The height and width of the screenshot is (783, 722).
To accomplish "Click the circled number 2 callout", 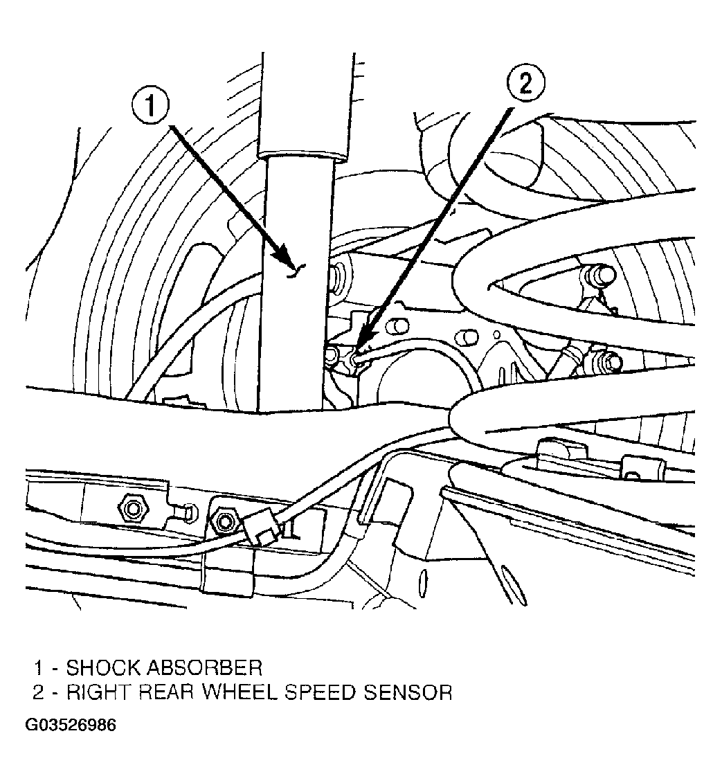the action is click(526, 83).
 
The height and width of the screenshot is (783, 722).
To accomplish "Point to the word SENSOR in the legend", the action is click(408, 692).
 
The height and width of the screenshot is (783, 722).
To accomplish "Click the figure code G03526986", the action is click(71, 725).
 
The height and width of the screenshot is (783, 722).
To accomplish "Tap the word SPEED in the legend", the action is click(322, 692).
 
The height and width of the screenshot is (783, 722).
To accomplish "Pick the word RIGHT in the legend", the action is click(100, 692).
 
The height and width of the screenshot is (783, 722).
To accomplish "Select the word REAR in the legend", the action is click(166, 692).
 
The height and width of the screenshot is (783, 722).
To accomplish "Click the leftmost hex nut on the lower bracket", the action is click(132, 509).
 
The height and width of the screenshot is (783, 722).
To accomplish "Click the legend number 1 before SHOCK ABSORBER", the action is click(39, 668).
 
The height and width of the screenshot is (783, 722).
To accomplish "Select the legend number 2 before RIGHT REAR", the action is click(39, 692).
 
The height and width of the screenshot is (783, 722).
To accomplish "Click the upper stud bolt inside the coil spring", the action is click(599, 275).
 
